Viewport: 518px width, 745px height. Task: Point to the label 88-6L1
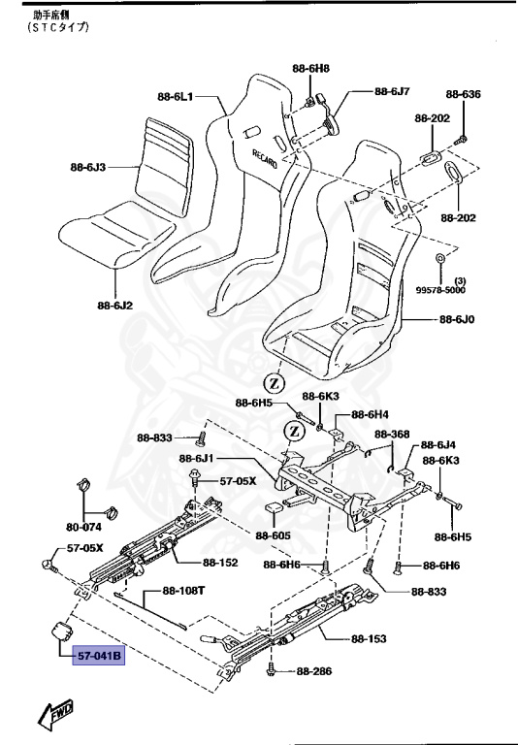(177, 96)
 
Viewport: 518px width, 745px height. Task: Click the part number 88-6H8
(310, 68)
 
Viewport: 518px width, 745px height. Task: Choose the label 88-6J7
(391, 92)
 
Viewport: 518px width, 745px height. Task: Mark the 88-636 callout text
(463, 94)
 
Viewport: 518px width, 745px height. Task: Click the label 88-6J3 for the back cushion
(91, 167)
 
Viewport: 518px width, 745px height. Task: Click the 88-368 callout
(393, 434)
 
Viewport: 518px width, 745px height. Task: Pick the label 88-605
(274, 535)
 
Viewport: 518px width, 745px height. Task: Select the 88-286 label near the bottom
(314, 670)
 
